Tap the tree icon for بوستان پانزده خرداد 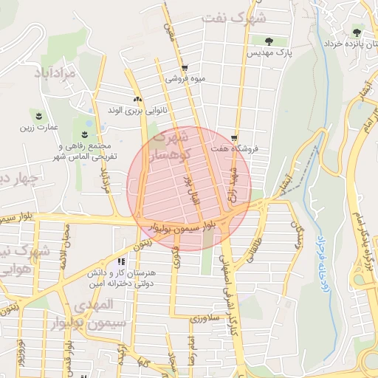point(357,32)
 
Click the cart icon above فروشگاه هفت point(234,137)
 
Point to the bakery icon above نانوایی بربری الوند point(137,100)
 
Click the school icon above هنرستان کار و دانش point(121,261)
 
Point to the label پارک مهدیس point(269,54)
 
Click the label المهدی point(96,304)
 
